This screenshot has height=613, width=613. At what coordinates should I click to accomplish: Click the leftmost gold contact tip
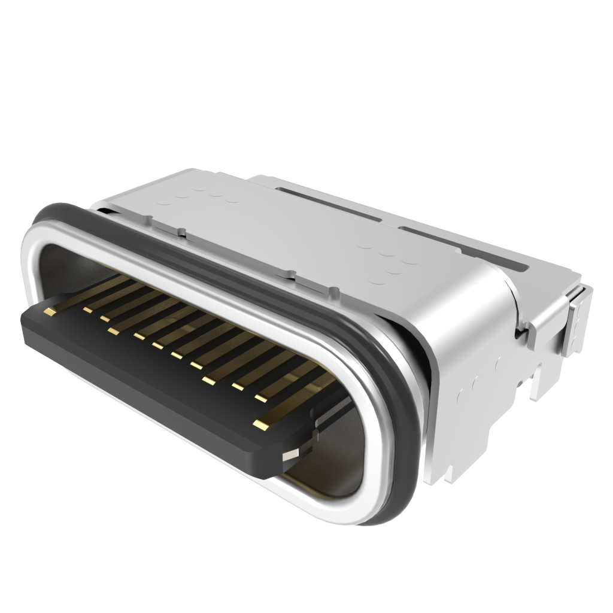pos(49,311)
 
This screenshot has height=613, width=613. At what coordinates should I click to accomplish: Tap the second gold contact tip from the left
pos(87,309)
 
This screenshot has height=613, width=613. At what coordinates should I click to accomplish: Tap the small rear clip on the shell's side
pos(578,326)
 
